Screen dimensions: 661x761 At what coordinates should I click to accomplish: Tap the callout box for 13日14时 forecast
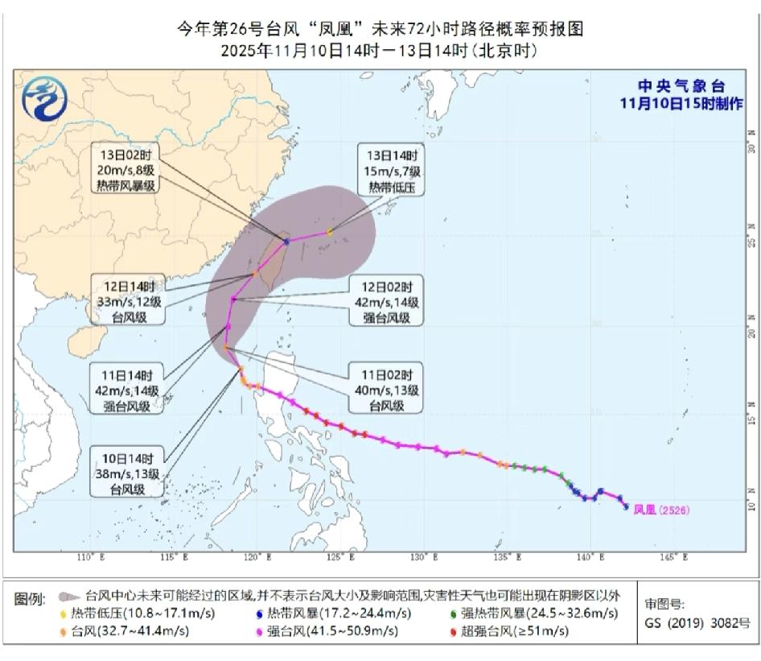[393, 171]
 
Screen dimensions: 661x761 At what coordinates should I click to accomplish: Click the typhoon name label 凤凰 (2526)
[661, 510]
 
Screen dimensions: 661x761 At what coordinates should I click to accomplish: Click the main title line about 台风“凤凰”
[380, 30]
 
